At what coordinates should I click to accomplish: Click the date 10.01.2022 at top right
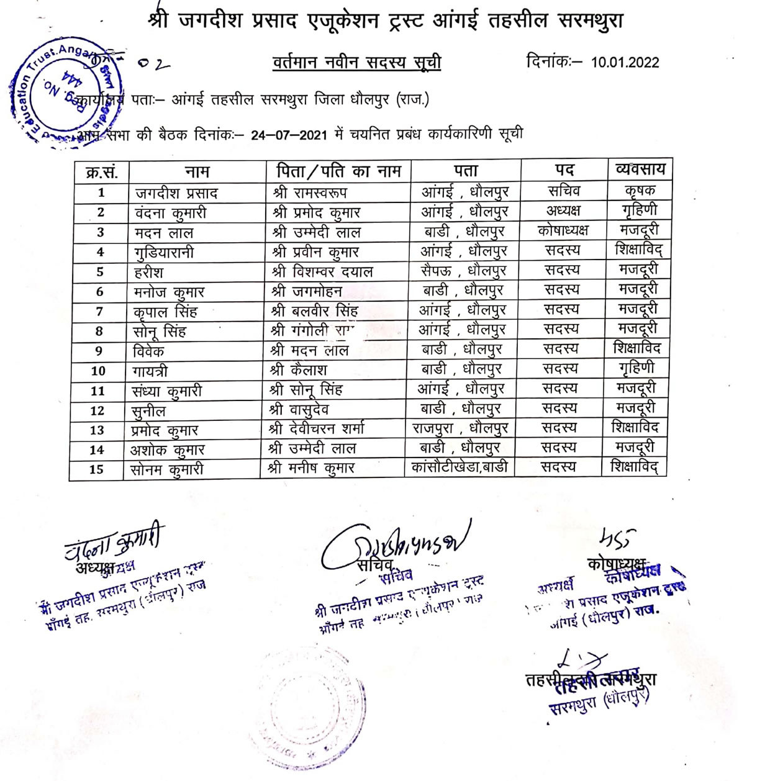(x=625, y=62)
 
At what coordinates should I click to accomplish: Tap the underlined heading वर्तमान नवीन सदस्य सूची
(x=356, y=63)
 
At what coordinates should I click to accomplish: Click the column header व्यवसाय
(x=640, y=169)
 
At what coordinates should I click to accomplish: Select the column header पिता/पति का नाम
(x=338, y=171)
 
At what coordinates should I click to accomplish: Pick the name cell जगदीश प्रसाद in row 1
(x=176, y=193)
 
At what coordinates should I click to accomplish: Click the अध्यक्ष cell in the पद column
(x=563, y=210)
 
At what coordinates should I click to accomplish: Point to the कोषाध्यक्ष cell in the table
(x=563, y=230)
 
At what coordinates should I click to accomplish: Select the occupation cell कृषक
(x=640, y=191)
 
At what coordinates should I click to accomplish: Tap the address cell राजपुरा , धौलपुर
(x=460, y=428)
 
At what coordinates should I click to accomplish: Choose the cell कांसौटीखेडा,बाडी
(x=460, y=467)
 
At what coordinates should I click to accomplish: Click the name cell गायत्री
(x=150, y=371)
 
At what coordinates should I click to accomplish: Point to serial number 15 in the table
(x=96, y=469)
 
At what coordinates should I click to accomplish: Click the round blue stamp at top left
(x=65, y=93)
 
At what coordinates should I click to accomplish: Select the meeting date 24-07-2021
(x=289, y=135)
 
